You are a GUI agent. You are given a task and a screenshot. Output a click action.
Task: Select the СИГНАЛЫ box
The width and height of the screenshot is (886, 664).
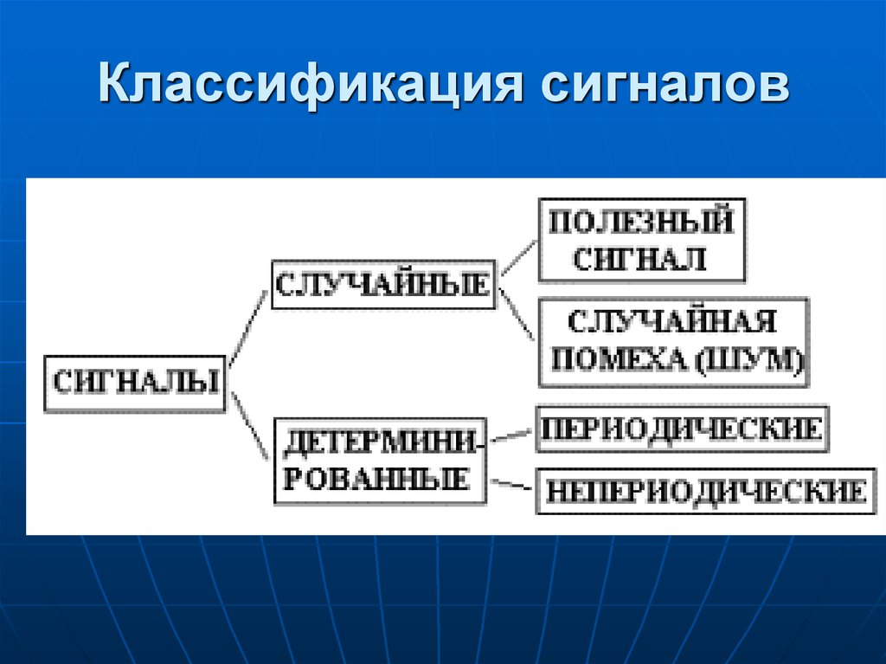(x=135, y=382)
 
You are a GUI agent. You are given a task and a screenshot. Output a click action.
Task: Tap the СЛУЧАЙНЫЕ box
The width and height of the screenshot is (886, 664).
(x=383, y=284)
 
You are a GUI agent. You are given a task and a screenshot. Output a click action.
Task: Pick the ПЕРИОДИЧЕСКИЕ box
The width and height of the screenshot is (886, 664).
(x=683, y=429)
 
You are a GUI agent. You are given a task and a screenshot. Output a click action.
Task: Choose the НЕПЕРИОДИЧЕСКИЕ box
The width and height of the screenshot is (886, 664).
(x=705, y=491)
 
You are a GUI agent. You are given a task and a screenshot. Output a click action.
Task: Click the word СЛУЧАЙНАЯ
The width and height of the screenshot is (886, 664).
(x=672, y=322)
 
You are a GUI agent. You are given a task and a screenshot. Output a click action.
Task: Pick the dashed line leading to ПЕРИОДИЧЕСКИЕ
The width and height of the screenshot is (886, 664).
(x=512, y=433)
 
